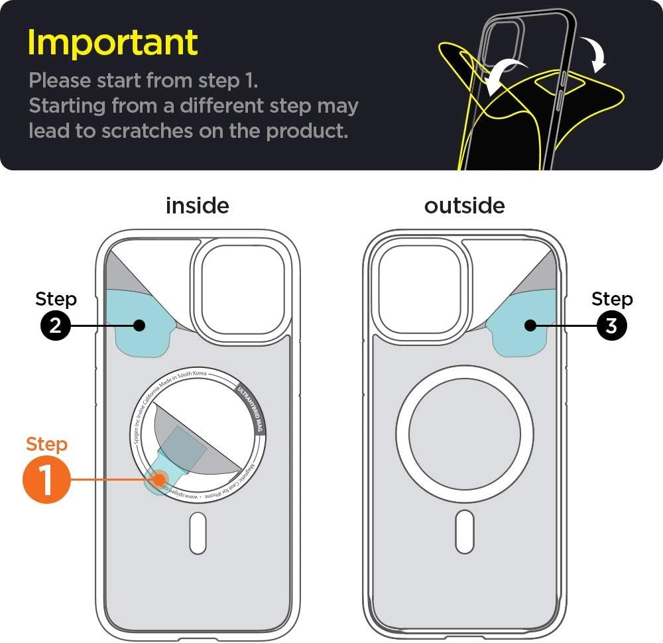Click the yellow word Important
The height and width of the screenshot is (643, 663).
coord(113,42)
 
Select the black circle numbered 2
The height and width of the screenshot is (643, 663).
coord(55,325)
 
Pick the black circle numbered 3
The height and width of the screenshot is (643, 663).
coord(612,325)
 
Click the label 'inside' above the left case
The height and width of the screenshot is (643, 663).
coord(197,205)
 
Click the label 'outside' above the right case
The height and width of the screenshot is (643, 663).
coord(464,205)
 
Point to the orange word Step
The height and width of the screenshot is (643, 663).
coord(46,444)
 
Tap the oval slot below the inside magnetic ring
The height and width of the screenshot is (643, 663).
coord(198,532)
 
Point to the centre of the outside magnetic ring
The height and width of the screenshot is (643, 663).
coord(464,434)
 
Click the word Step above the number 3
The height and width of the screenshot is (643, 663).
coord(612,299)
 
